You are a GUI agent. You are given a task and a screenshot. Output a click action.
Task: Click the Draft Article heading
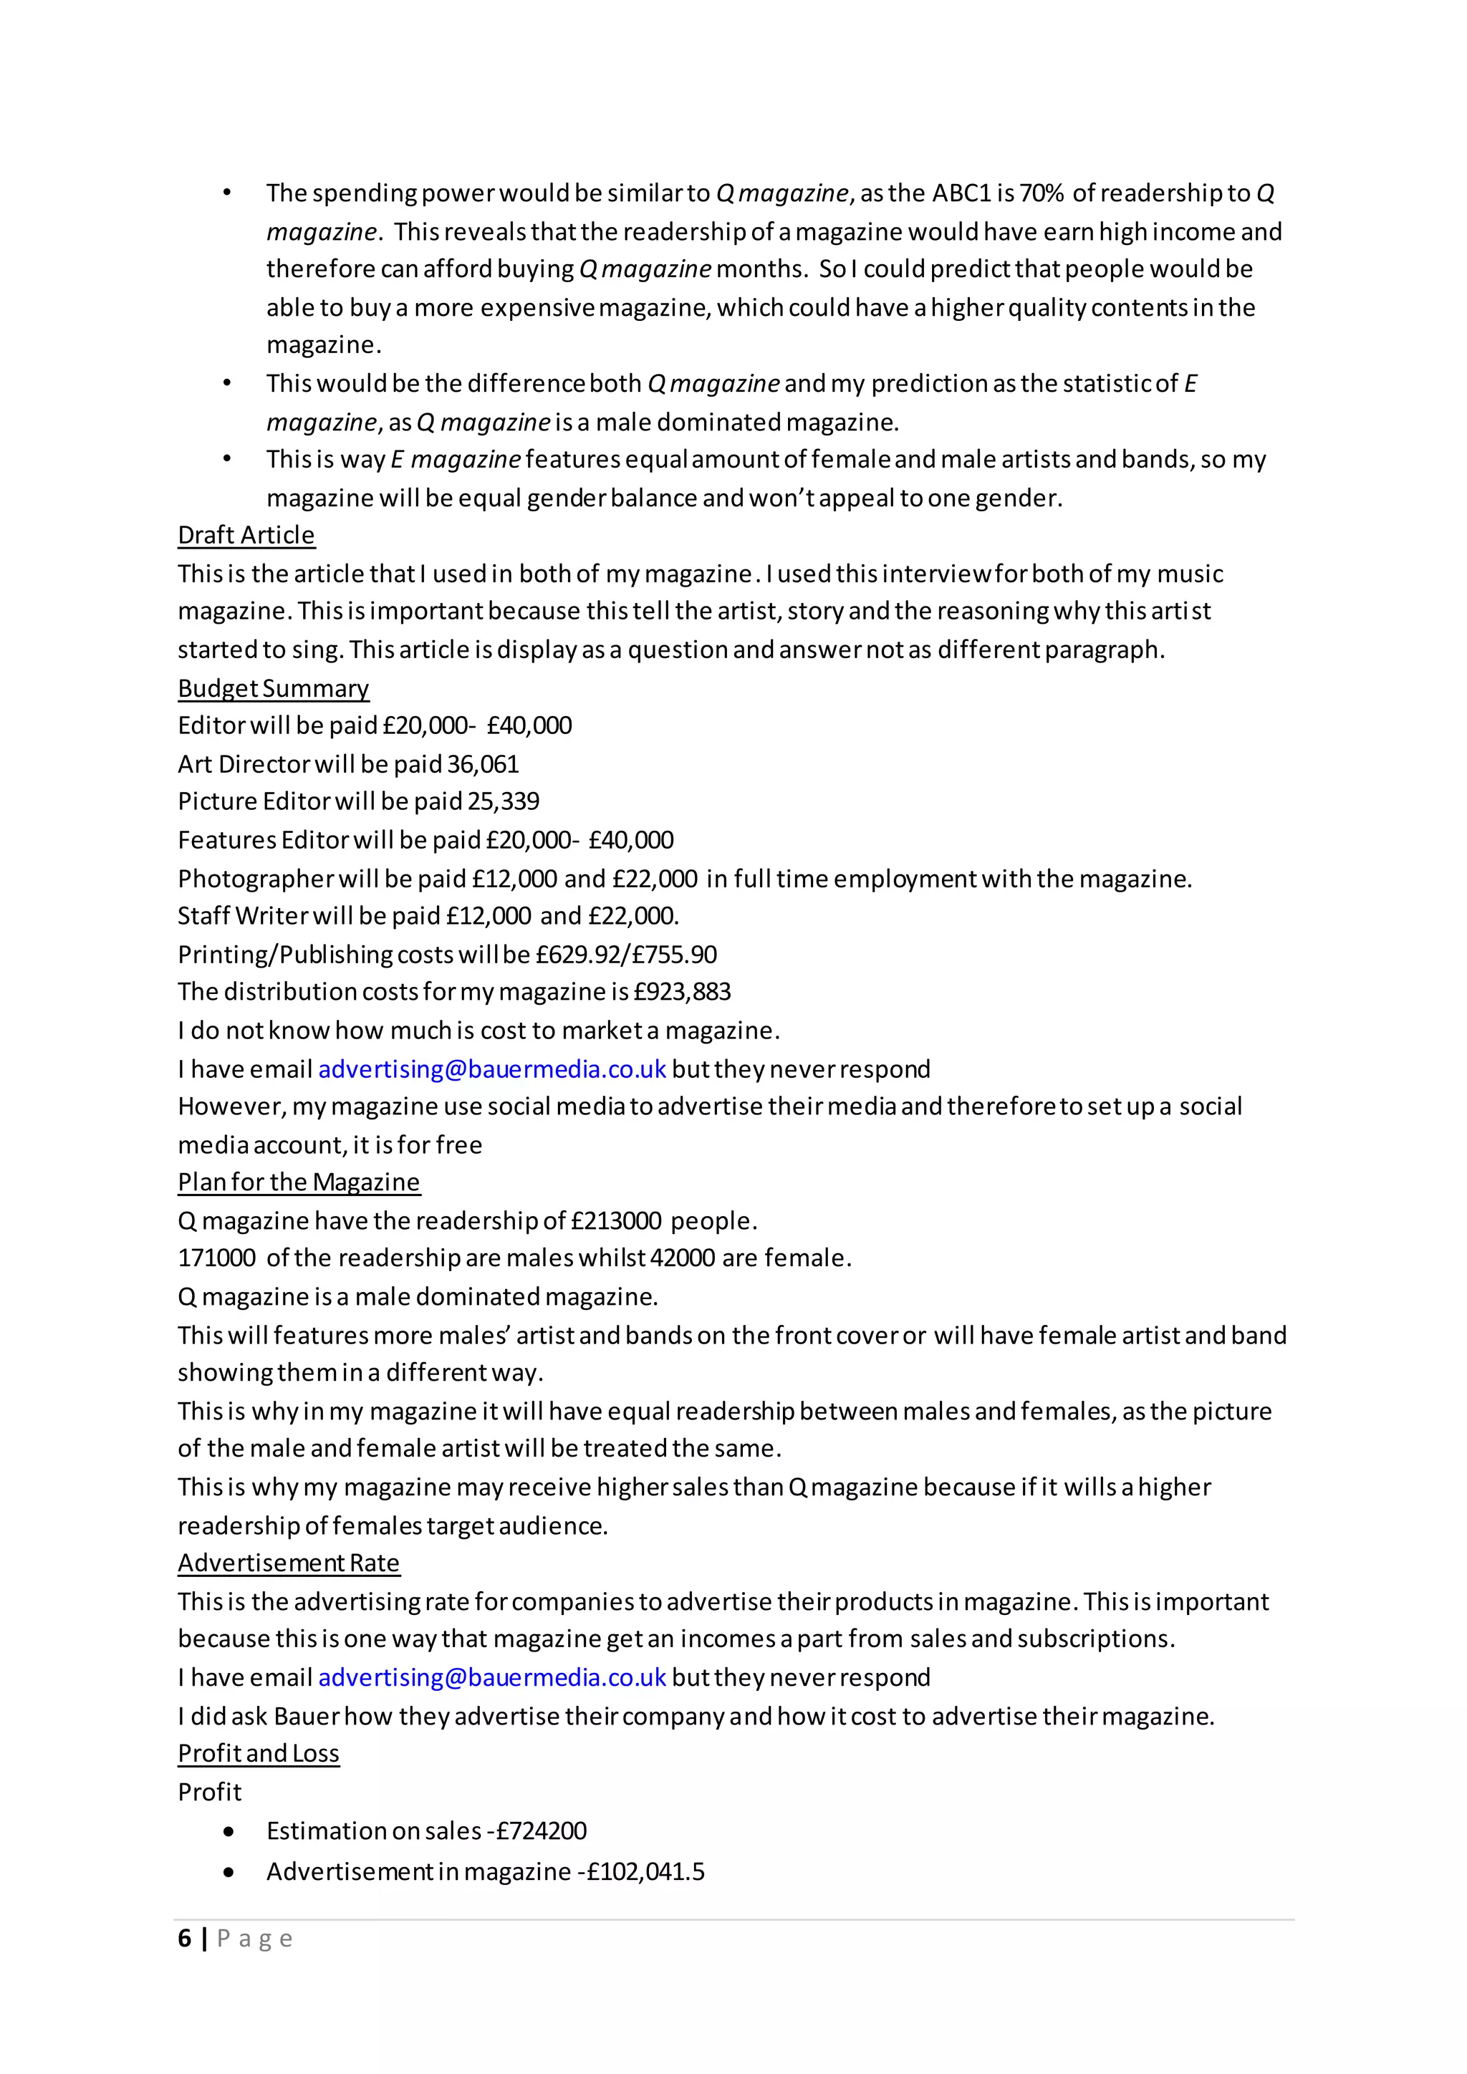(246, 535)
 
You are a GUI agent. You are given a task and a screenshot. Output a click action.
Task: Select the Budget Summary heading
(273, 688)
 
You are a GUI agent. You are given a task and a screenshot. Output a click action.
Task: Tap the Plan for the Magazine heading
(298, 1182)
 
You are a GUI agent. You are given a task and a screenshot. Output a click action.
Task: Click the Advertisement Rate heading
(288, 1563)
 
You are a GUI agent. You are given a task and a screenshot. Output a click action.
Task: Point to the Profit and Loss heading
(259, 1752)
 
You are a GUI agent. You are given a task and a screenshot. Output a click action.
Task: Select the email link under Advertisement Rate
(492, 1677)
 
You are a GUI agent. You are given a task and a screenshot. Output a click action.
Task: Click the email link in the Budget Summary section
(492, 1069)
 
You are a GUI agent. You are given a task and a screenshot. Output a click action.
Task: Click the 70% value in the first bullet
(1042, 193)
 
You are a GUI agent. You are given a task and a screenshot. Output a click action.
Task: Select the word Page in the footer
(255, 1939)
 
